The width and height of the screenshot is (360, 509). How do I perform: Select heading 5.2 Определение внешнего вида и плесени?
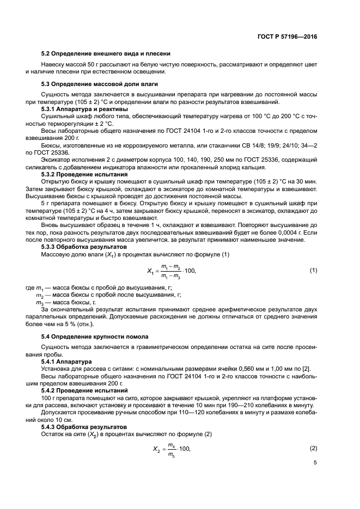pos(106,53)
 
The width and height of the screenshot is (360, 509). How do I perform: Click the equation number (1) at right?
pos(313,270)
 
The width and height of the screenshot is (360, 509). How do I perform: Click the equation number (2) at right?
pos(313,448)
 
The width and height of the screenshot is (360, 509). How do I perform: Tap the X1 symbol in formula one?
pos(151,271)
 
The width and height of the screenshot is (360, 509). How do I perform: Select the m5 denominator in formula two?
pos(171,453)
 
